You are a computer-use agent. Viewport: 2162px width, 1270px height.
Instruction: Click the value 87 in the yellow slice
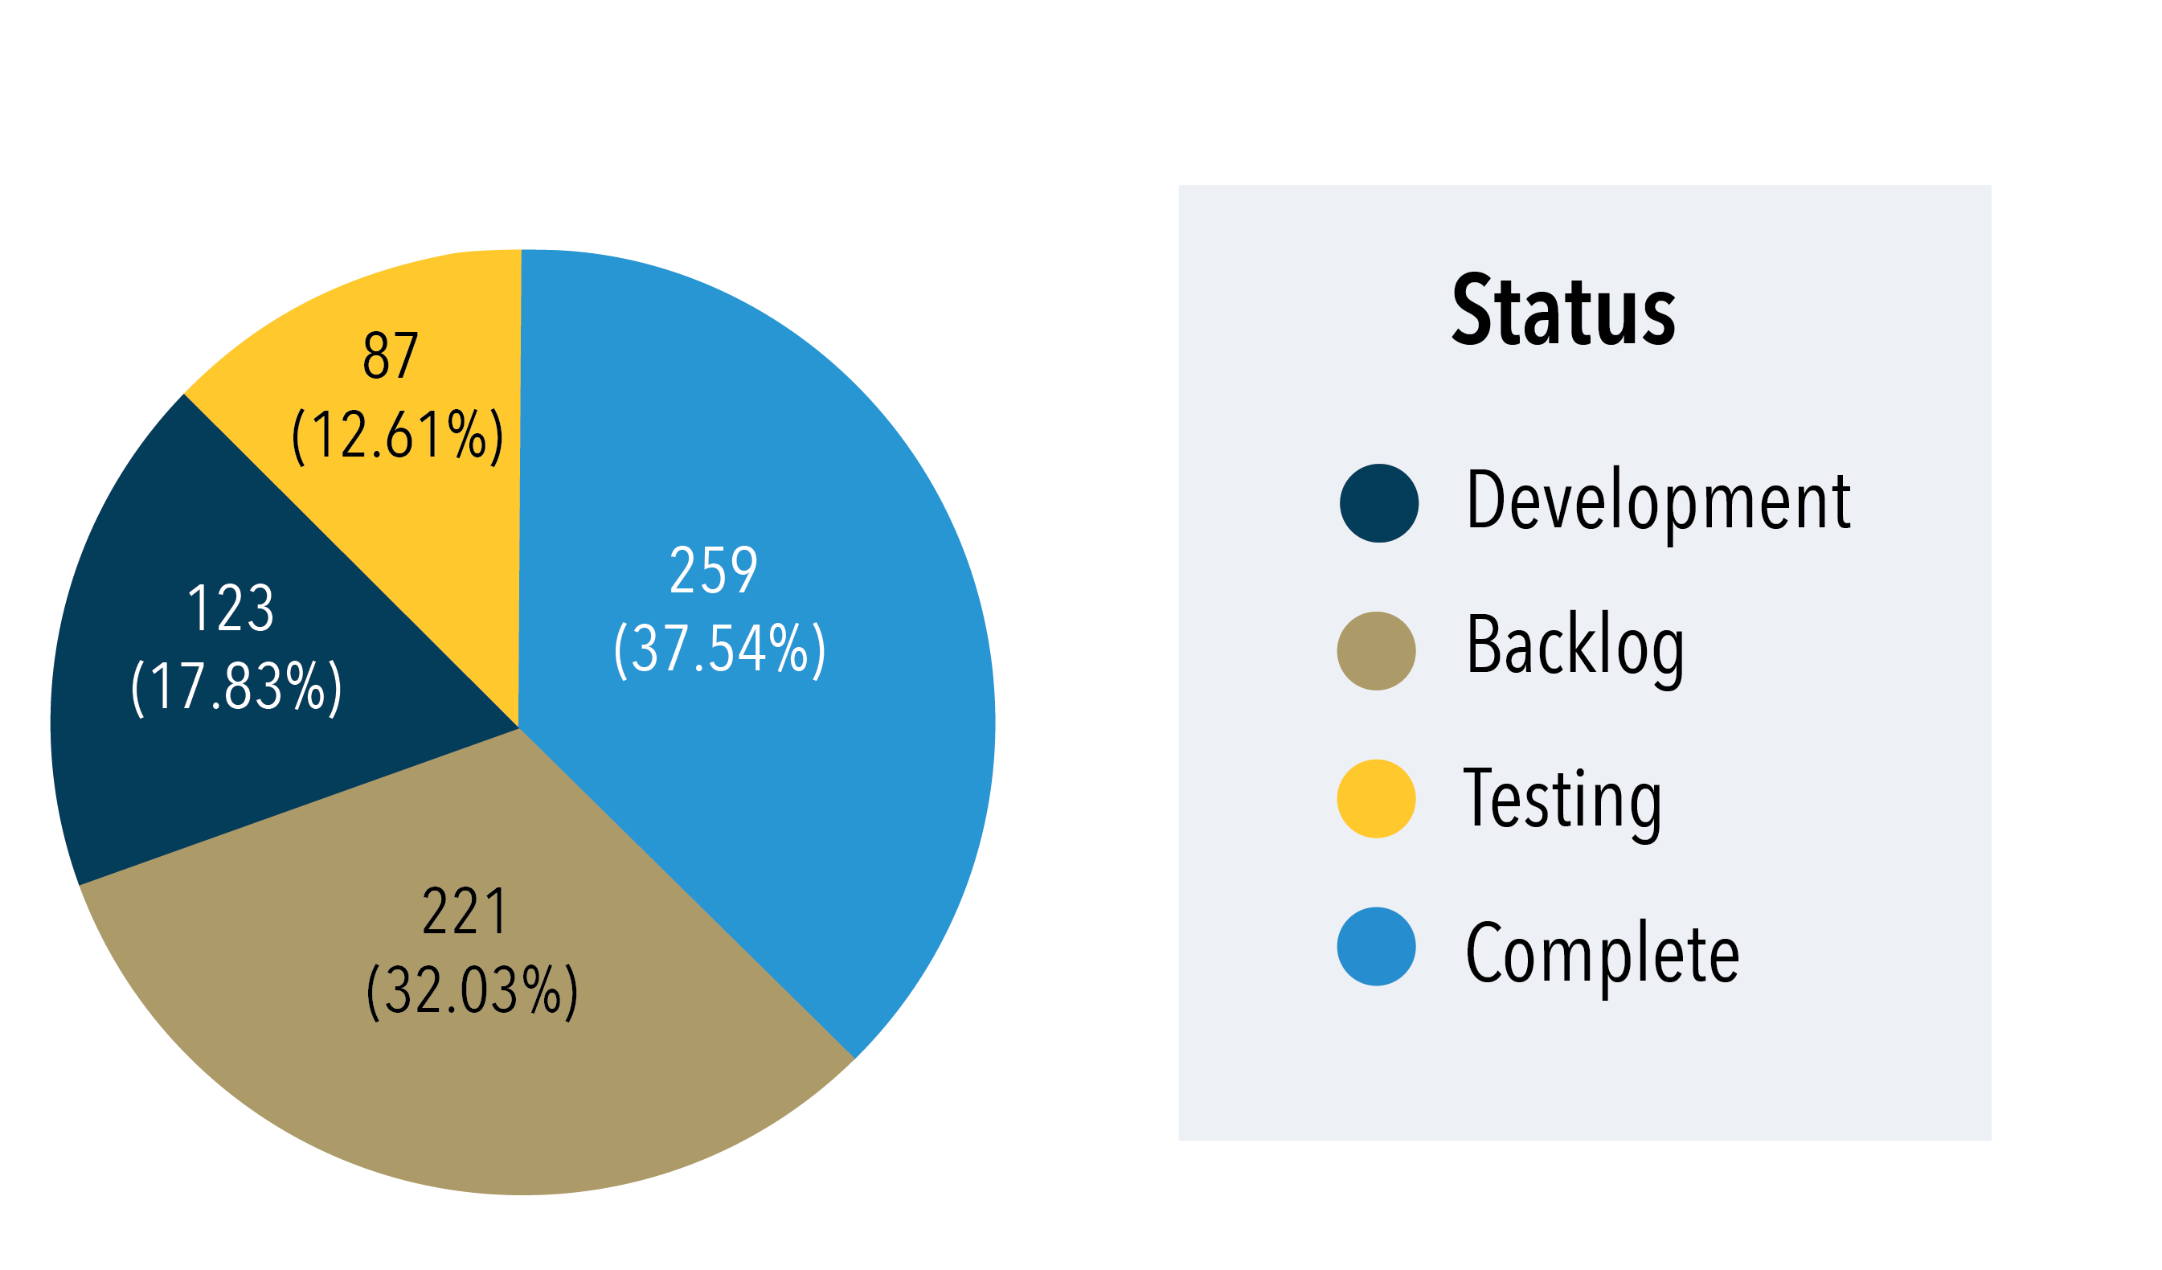(x=391, y=355)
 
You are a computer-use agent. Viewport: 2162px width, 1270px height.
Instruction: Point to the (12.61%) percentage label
(x=397, y=436)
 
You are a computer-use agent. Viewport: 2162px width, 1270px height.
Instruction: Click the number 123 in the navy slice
(x=231, y=608)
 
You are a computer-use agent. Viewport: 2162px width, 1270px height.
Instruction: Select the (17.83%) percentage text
(x=236, y=687)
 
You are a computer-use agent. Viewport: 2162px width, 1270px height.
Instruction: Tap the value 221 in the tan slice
(x=465, y=912)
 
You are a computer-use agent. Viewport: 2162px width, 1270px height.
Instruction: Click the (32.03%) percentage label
(x=472, y=991)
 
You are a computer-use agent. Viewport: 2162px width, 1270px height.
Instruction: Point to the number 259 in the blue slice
(x=713, y=571)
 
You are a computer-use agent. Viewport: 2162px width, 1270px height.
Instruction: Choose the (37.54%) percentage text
(x=719, y=649)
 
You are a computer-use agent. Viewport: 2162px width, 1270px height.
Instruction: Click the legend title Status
(x=1562, y=310)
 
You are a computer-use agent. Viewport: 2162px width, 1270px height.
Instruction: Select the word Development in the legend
(x=1657, y=502)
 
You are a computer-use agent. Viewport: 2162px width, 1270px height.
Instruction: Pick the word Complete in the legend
(x=1602, y=953)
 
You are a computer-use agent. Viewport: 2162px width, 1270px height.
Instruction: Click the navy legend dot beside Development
(x=1378, y=504)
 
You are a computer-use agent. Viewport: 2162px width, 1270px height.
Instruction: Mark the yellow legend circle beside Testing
(x=1376, y=799)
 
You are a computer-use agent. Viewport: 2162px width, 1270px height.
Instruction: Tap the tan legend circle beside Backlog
(x=1376, y=651)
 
